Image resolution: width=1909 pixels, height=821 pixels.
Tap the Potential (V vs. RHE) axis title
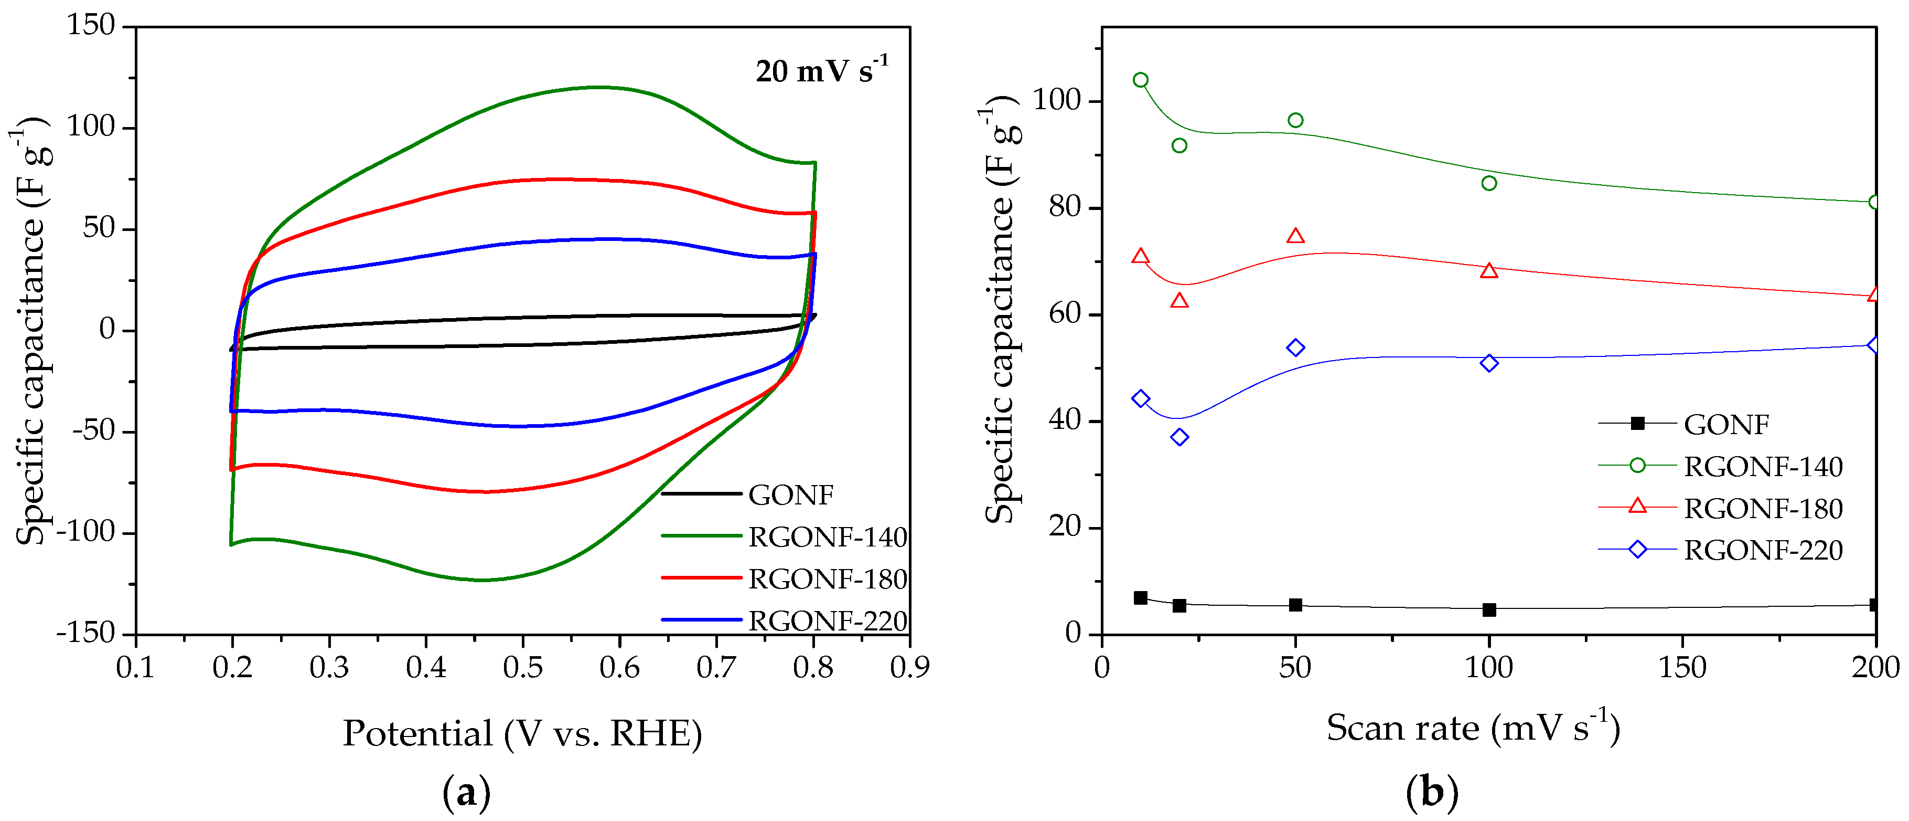click(522, 733)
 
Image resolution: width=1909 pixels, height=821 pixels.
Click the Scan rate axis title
click(1473, 728)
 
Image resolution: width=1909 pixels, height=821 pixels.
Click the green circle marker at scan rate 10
click(1141, 80)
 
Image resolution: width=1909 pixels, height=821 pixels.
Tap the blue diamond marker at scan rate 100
click(1489, 363)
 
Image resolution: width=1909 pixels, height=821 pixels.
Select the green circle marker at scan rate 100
click(1489, 183)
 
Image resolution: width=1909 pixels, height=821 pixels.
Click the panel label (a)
click(466, 793)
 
